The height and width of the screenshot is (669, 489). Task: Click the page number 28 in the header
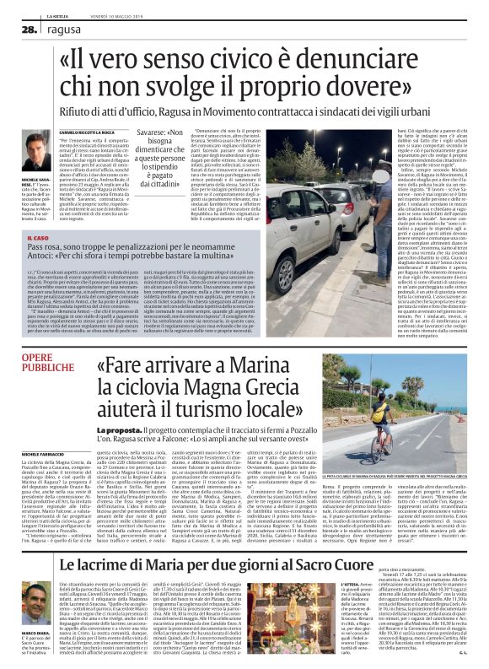tap(30, 29)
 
